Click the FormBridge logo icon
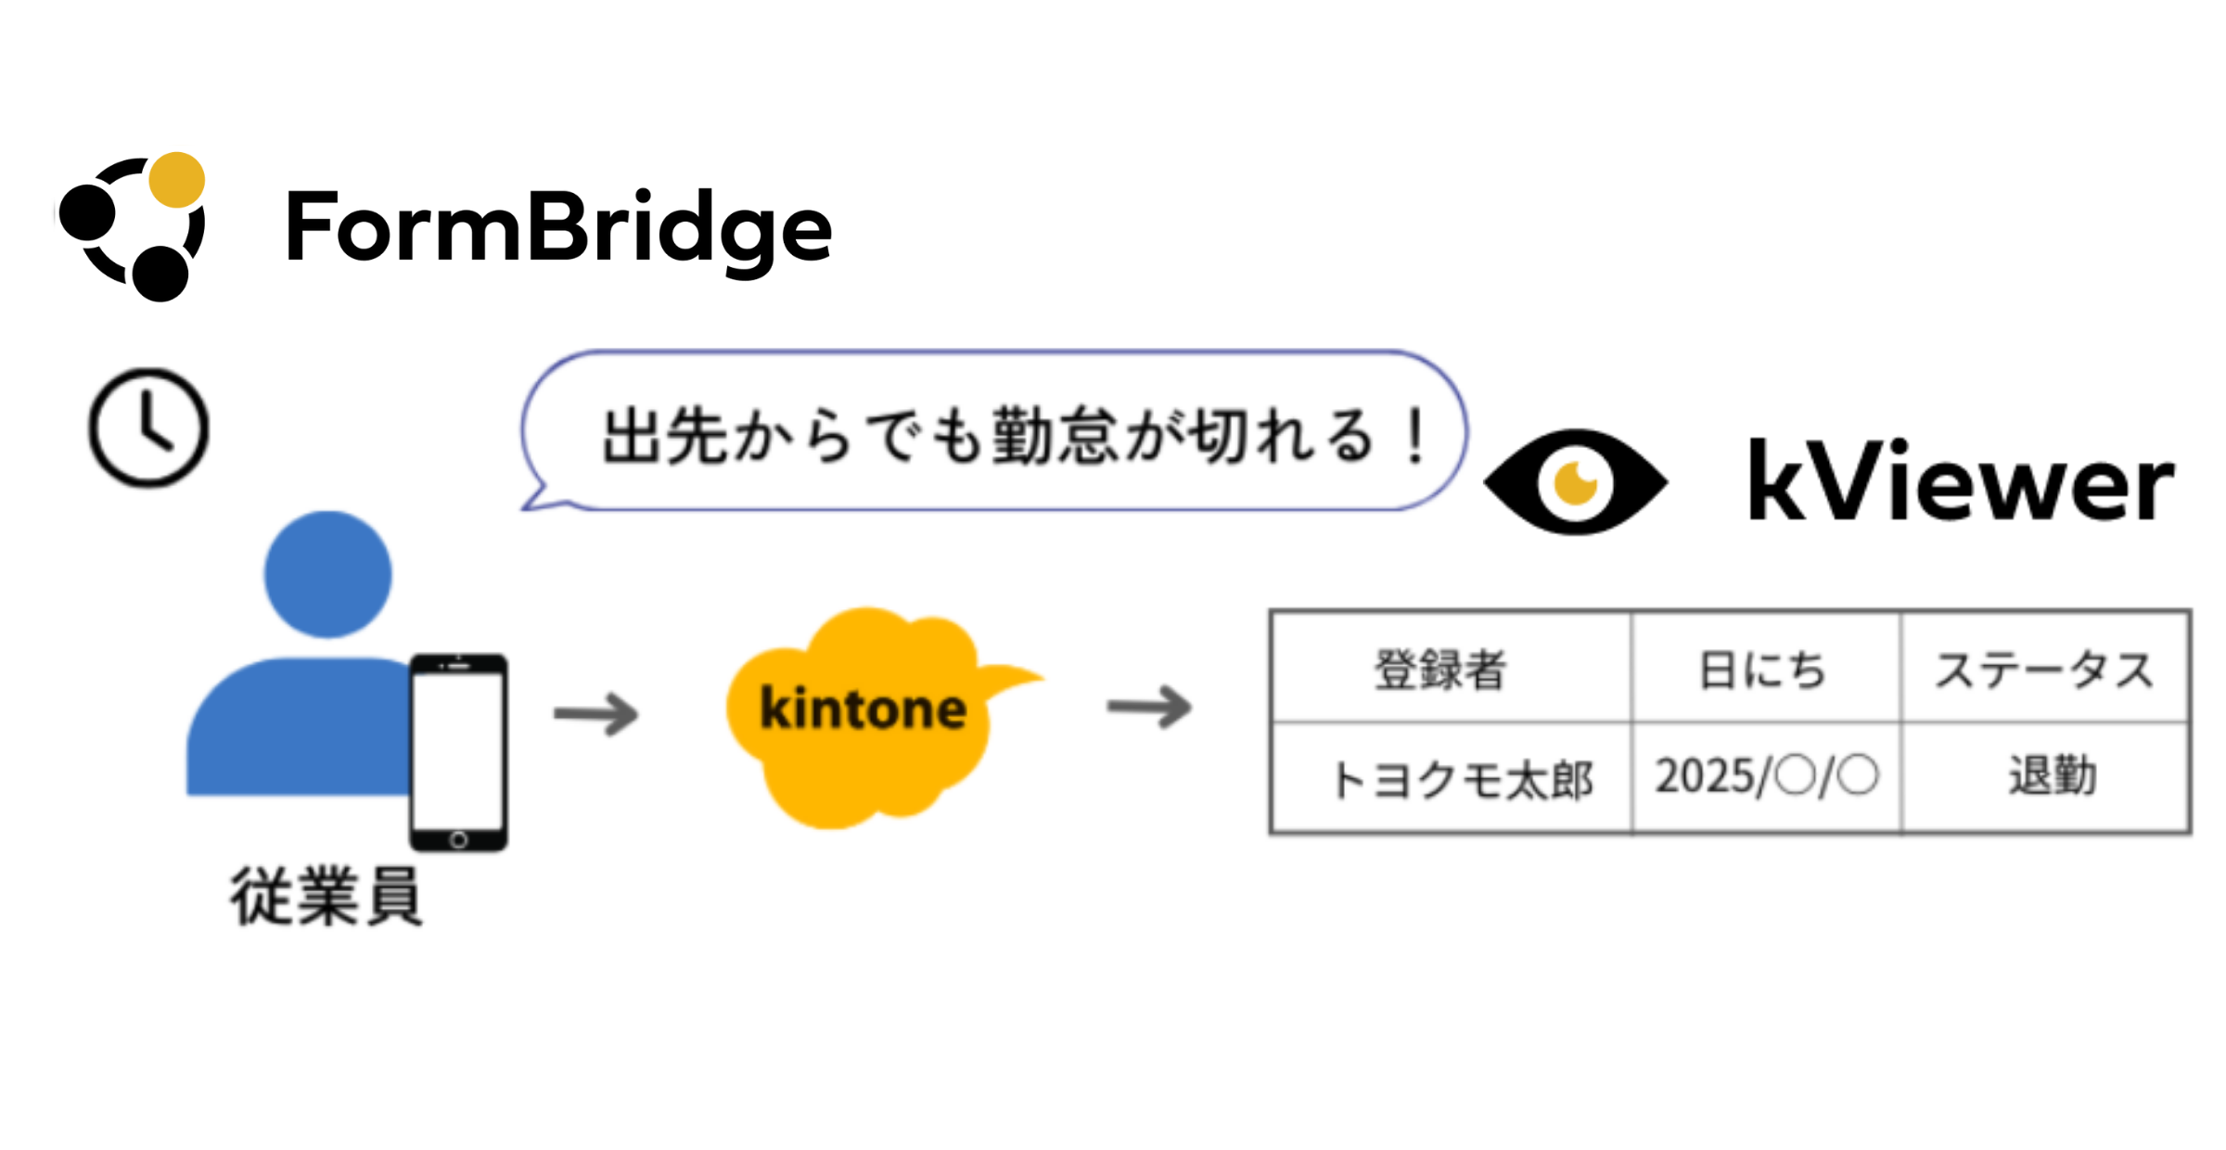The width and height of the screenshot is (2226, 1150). [x=133, y=227]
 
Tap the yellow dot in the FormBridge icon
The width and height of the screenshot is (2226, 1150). [x=176, y=180]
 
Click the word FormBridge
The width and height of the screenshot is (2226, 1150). [x=558, y=228]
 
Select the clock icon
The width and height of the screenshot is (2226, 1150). [x=148, y=428]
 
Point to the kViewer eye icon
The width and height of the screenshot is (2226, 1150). [x=1575, y=482]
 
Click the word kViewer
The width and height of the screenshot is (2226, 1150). [x=1960, y=482]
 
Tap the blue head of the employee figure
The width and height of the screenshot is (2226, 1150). [x=327, y=574]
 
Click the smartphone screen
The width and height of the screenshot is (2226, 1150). [x=458, y=751]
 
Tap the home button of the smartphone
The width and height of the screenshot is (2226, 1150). [x=458, y=840]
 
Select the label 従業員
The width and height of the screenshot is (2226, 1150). [x=326, y=897]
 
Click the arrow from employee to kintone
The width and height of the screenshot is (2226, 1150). [x=596, y=714]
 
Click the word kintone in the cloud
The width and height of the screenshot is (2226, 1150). [x=863, y=710]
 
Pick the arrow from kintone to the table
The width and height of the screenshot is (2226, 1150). [x=1149, y=708]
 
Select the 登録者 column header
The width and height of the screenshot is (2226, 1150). [x=1440, y=670]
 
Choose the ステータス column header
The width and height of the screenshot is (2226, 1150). [x=2044, y=670]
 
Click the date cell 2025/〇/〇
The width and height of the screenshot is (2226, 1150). [x=1766, y=776]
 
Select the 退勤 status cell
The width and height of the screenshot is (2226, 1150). [x=2052, y=776]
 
